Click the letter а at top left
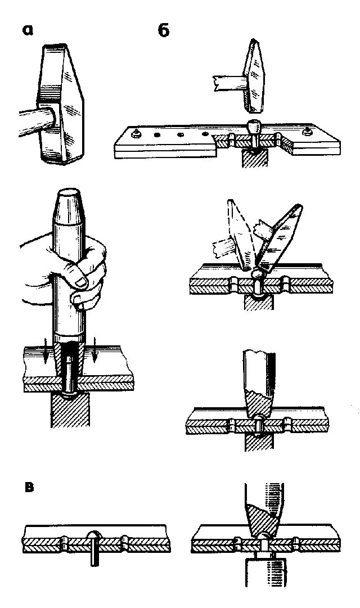click(x=29, y=30)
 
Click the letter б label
click(x=163, y=30)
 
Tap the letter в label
click(x=29, y=487)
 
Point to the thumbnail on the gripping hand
click(x=78, y=280)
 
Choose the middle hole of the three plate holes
click(x=181, y=135)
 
